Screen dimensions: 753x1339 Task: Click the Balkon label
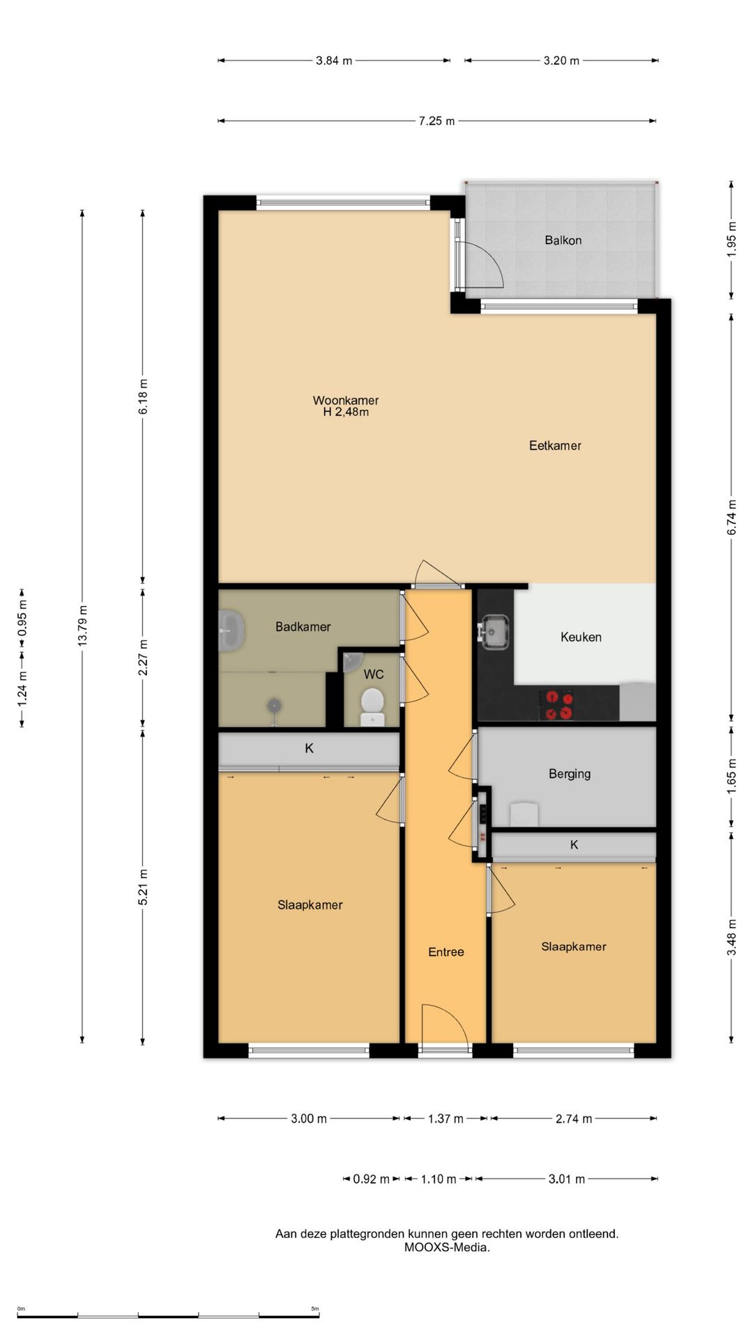point(563,240)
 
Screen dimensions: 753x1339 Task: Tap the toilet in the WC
point(372,707)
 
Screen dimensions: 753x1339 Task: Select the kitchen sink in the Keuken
point(495,632)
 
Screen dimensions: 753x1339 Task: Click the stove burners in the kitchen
point(559,704)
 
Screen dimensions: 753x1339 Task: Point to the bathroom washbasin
point(231,630)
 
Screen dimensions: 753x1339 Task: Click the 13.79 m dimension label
point(82,626)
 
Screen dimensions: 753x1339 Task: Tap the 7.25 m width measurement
point(436,121)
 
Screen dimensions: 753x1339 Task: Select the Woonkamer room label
point(346,400)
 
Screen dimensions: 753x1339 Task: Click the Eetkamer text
point(555,446)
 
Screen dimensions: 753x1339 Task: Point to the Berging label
point(570,773)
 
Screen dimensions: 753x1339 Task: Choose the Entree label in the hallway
point(446,952)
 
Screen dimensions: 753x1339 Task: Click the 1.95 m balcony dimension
point(731,239)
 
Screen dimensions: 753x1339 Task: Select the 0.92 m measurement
point(371,1179)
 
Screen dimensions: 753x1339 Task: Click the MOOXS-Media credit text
point(447,1248)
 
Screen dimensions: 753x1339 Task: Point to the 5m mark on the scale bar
point(315,1309)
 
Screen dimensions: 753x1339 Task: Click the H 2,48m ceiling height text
point(346,412)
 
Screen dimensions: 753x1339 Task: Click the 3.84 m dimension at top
point(333,61)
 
